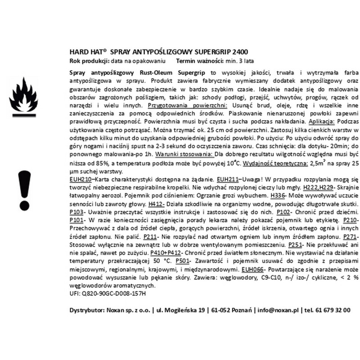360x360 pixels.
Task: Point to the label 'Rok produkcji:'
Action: pos(90,60)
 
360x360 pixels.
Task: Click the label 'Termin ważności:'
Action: pos(201,60)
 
